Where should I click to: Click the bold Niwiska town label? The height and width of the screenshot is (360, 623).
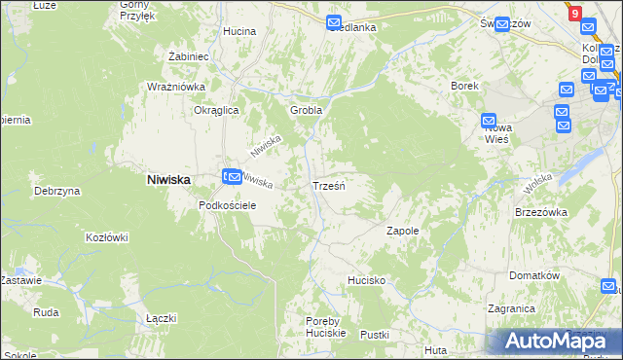(167, 179)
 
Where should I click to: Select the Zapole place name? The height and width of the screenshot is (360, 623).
(402, 232)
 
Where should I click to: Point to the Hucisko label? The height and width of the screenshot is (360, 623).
(367, 280)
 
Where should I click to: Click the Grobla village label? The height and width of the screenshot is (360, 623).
(306, 110)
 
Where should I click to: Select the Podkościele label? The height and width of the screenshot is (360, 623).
(227, 205)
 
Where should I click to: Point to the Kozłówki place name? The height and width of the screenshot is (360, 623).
(107, 237)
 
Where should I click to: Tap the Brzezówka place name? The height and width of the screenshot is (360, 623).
(540, 211)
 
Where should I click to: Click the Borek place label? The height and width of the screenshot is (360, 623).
(464, 86)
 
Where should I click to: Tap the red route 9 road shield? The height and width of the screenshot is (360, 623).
(575, 14)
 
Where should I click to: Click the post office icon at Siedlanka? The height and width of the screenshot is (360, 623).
(334, 22)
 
